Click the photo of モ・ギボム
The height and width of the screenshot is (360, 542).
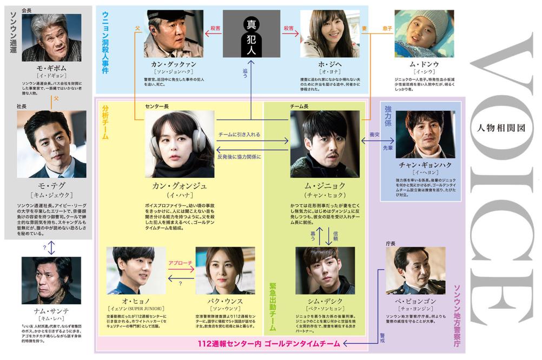pos(51,37)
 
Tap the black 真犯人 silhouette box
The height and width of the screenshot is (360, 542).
pos(252,34)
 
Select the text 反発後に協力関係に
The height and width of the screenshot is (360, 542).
pos(239,156)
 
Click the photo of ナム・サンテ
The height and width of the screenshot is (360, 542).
pos(51,281)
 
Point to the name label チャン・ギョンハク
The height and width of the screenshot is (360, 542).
pos(425,164)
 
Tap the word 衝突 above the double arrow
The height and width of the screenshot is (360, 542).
pos(374,134)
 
